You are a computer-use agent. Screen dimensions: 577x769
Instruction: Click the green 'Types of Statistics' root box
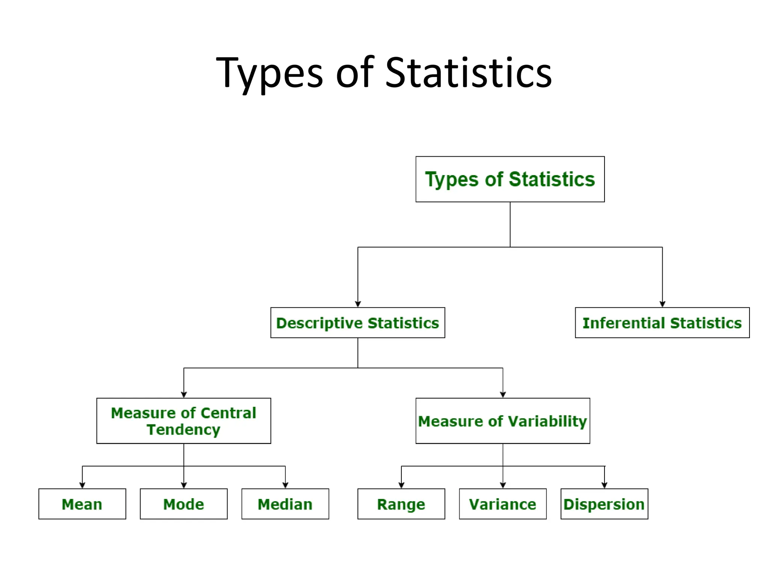(x=510, y=179)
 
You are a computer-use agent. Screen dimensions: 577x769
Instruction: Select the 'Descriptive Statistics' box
(x=357, y=323)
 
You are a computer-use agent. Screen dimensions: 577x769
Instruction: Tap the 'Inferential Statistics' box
(x=662, y=323)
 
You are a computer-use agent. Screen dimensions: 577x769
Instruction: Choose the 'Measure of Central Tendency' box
(x=184, y=421)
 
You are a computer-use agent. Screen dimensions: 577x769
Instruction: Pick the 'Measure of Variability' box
(x=502, y=421)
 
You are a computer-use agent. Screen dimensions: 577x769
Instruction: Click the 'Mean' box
(x=82, y=504)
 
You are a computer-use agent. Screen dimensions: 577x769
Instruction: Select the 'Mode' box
(x=184, y=504)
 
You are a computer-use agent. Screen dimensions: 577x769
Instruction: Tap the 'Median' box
(x=285, y=504)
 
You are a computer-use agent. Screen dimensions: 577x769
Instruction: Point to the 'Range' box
(x=401, y=504)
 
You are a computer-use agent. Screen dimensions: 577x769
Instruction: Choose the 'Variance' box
(x=502, y=504)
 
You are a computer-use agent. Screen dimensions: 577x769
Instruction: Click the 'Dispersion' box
(x=604, y=504)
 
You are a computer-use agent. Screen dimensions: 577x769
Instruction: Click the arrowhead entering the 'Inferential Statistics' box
(x=662, y=304)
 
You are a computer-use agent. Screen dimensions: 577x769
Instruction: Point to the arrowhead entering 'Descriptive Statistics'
(x=358, y=304)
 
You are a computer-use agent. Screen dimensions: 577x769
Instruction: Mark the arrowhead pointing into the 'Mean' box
(x=82, y=485)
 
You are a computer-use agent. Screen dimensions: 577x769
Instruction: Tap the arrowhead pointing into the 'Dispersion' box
(x=604, y=485)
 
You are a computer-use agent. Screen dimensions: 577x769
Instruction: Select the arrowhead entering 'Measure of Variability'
(x=503, y=394)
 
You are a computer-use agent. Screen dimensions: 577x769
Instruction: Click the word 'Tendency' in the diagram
(x=184, y=430)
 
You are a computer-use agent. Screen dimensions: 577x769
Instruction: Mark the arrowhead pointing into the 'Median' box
(x=285, y=485)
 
